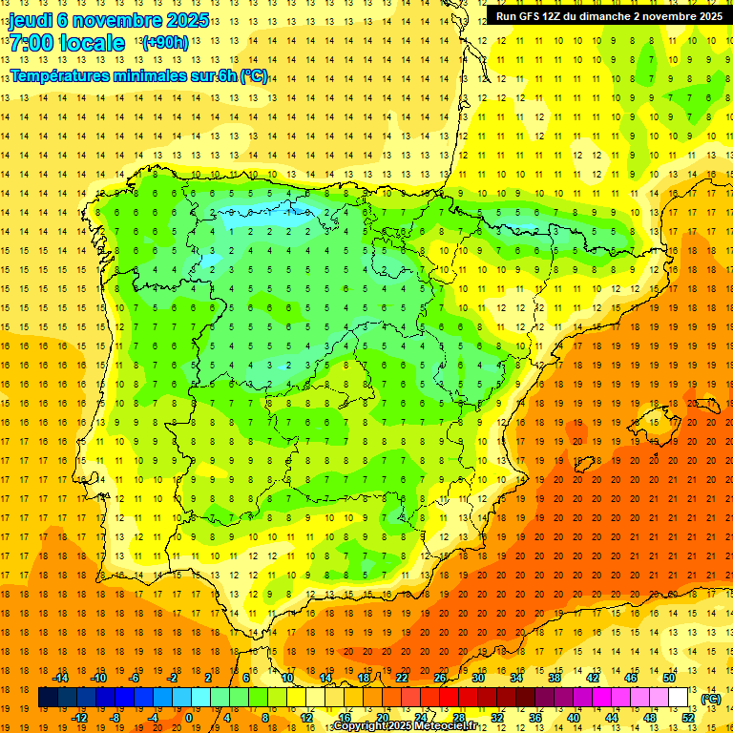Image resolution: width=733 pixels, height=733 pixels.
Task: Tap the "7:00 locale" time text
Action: [67, 43]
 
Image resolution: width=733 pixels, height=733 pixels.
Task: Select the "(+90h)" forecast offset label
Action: [164, 43]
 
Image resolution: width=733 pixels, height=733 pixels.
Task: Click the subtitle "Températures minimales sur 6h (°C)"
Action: [138, 75]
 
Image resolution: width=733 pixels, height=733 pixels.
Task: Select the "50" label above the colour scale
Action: [669, 679]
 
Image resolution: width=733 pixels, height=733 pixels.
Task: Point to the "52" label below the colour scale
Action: [688, 718]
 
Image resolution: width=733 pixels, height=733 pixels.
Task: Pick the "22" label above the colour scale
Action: [402, 679]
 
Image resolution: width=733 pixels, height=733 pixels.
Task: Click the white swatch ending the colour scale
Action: [678, 698]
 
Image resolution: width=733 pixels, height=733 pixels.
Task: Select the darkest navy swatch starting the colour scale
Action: [48, 698]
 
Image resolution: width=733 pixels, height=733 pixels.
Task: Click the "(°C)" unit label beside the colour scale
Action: [711, 699]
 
